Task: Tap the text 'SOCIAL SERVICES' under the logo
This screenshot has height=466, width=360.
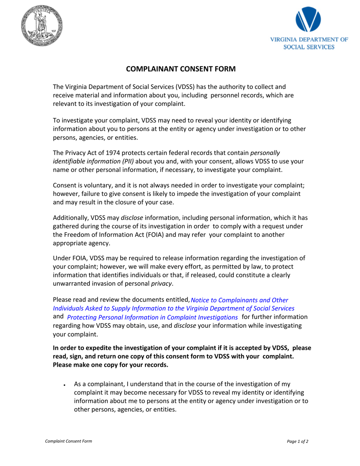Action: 309,47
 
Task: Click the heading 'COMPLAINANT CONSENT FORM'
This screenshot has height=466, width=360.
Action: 181,69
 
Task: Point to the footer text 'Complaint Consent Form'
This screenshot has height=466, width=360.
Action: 69,441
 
